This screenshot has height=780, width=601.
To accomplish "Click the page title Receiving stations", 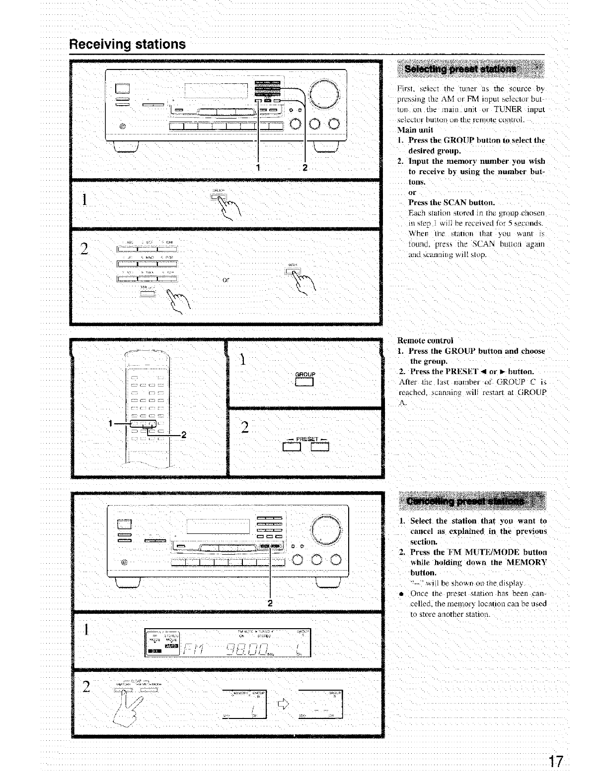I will click(x=127, y=44).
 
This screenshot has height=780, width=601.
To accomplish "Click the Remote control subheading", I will click(x=425, y=340).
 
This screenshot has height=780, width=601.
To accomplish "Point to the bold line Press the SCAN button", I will click(x=451, y=202).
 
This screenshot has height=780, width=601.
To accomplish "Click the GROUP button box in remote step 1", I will click(x=305, y=382).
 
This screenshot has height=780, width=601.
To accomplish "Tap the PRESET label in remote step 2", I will click(x=306, y=439).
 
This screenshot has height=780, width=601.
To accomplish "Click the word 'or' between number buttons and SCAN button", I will click(x=226, y=280).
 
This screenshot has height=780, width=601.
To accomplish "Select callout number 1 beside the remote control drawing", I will click(x=111, y=423).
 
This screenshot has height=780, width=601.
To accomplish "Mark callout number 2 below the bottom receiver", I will click(x=270, y=603).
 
